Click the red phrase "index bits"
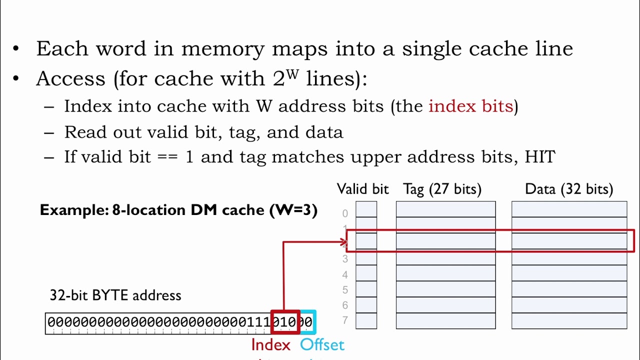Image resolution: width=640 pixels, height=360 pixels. click(470, 106)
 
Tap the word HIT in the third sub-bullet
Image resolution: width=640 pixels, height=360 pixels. click(539, 157)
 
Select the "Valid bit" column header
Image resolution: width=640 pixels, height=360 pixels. click(362, 189)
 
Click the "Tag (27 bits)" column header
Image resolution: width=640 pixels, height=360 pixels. click(442, 189)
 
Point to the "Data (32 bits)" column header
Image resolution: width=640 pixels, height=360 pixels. click(568, 189)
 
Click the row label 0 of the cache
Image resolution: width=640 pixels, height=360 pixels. click(345, 213)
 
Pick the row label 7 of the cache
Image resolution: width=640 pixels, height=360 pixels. click(345, 320)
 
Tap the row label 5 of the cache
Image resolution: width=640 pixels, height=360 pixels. click(345, 290)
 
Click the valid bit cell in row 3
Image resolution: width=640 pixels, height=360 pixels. click(366, 258)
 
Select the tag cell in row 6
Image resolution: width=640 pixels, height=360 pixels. click(445, 305)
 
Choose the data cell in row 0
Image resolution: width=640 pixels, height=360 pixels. click(569, 209)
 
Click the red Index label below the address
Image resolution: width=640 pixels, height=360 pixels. click(270, 345)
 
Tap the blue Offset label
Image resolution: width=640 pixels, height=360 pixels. click(322, 345)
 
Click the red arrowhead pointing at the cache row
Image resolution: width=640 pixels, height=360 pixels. click(343, 242)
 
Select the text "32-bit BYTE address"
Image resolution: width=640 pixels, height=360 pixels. click(115, 295)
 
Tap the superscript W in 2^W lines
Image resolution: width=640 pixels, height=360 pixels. click(292, 74)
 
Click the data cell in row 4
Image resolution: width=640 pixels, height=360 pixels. click(569, 274)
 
